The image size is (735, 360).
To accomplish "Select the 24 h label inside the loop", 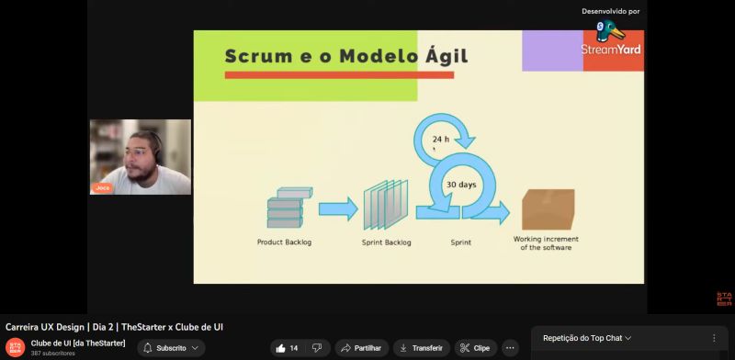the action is coord(441,140).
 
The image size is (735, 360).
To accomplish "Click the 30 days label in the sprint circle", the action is coord(461,185).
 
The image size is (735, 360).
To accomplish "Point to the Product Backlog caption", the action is coord(284,242).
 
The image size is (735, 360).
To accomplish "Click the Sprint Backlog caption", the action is coord(386,242).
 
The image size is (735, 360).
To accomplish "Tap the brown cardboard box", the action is coord(548,209).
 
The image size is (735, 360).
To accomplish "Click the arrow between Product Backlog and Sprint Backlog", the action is coord(338,209).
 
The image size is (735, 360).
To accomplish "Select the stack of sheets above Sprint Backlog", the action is coord(386,205).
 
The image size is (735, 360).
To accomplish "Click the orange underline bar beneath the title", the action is coord(339,75).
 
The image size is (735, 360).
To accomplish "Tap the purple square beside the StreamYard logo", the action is coord(553,51).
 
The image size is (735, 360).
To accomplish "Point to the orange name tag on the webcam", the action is coord(102,188).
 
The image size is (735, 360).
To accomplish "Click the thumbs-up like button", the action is coord(281,348).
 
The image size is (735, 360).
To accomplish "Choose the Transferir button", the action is coord(422,348).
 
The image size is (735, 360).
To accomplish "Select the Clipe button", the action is coord(476,348).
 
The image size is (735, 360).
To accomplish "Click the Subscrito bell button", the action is coord(171,348).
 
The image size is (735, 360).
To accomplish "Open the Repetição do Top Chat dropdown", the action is coord(587,338).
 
